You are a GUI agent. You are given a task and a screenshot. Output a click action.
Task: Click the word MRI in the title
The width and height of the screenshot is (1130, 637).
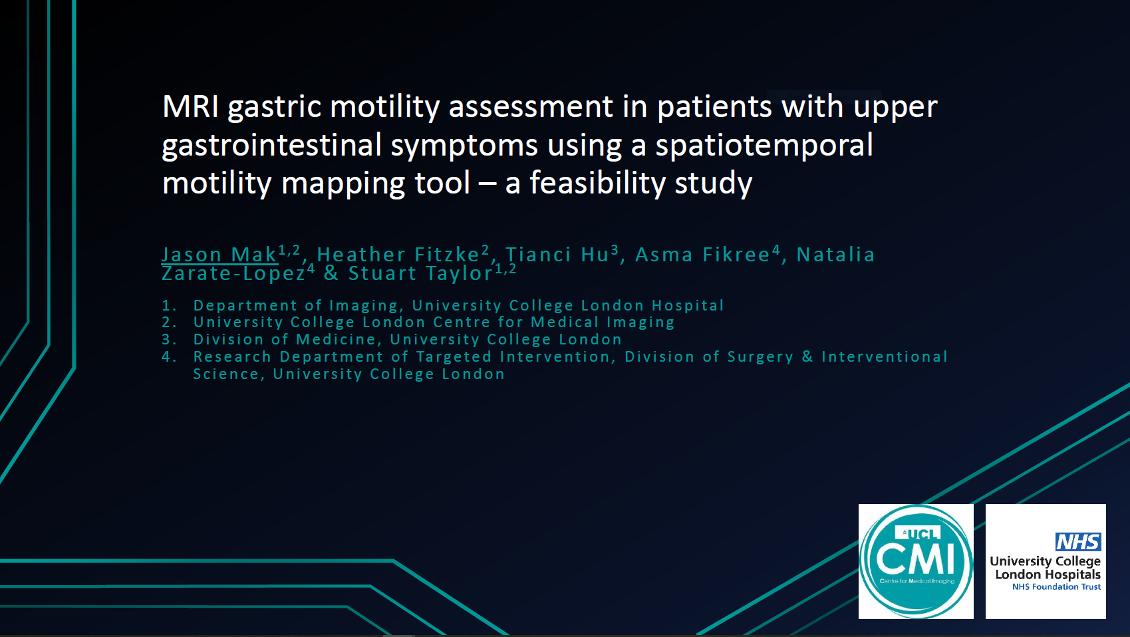[191, 106]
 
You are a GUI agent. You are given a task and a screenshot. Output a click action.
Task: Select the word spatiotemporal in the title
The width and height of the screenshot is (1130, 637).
[764, 145]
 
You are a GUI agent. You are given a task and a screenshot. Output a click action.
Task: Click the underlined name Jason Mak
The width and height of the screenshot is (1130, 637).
[219, 255]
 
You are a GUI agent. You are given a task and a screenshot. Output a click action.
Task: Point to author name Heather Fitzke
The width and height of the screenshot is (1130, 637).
[398, 255]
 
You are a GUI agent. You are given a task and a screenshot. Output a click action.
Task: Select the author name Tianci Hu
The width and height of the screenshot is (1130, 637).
[557, 255]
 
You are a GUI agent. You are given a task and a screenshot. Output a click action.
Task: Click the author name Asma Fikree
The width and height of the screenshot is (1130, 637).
[703, 255]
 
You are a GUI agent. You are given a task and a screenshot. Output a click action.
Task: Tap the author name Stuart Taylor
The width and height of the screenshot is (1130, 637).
[420, 273]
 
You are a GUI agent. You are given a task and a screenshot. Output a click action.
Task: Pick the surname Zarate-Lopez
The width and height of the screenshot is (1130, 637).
[233, 273]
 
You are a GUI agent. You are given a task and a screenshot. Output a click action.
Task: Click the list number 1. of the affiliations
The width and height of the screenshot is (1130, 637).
[169, 306]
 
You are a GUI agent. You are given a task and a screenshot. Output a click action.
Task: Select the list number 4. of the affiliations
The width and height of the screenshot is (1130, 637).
[169, 357]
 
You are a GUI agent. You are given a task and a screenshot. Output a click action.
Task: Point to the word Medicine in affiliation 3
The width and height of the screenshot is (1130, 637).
[336, 339]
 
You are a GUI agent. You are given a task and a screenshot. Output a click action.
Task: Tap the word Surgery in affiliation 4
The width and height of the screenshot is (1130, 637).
[760, 358]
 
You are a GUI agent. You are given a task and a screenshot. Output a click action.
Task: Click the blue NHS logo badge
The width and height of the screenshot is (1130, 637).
[1078, 542]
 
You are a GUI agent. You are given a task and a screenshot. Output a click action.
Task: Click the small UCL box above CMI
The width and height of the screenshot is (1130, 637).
[917, 533]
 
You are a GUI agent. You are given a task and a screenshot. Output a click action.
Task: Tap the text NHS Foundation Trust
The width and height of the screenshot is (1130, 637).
[1056, 586]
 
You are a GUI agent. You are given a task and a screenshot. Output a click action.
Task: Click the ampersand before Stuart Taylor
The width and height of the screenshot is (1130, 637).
[331, 273]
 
